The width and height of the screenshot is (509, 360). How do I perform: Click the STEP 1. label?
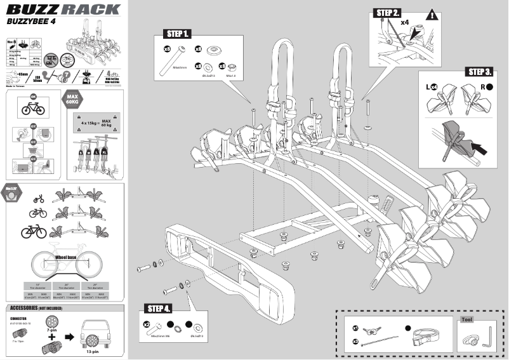tap(177, 33)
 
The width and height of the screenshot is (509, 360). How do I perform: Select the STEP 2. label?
tap(388, 13)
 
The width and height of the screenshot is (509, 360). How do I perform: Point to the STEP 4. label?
tap(159, 309)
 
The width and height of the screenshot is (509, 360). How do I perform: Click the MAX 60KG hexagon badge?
tap(72, 99)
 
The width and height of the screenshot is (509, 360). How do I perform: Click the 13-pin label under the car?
tap(93, 351)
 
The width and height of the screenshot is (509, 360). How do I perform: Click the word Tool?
tap(468, 320)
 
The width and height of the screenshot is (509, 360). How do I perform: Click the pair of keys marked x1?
tap(373, 330)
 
